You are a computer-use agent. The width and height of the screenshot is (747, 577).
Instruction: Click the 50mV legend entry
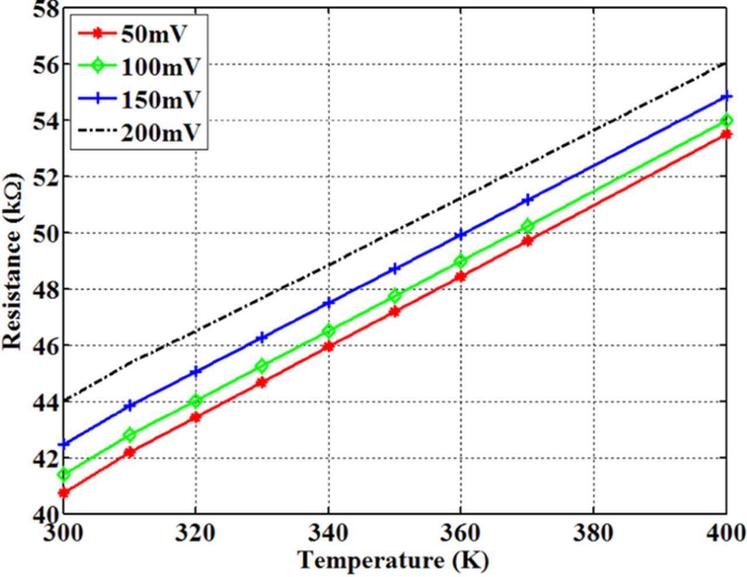[153, 34]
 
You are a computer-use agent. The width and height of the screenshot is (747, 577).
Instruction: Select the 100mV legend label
[160, 67]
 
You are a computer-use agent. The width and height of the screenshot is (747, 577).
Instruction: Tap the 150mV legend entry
[160, 100]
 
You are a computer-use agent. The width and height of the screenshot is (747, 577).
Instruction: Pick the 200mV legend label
[160, 133]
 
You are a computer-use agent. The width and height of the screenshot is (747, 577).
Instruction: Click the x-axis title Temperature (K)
[393, 561]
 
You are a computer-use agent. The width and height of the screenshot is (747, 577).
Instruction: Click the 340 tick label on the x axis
[328, 533]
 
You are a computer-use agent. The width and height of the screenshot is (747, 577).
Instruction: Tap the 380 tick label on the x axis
[593, 533]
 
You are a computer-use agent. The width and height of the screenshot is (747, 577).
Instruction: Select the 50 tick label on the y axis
[44, 233]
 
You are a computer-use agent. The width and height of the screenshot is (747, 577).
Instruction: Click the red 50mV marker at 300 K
[64, 493]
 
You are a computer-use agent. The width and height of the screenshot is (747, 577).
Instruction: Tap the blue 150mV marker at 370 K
[528, 200]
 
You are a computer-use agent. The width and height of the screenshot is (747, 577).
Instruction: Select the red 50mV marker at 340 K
[329, 346]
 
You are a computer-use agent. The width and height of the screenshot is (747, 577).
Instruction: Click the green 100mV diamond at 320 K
[196, 401]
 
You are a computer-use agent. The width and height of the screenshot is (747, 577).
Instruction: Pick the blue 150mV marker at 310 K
[130, 405]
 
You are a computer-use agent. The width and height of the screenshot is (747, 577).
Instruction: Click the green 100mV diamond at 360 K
[461, 261]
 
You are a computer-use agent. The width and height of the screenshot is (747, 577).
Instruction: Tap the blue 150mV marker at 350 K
[395, 269]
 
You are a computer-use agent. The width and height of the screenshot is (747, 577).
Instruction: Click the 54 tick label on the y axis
[44, 120]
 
